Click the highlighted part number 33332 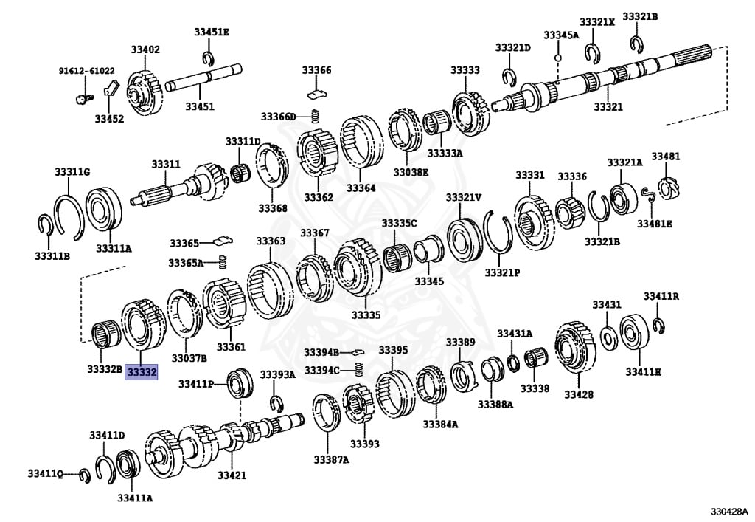tap(142, 373)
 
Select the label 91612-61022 tap(86, 71)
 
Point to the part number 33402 tap(145, 49)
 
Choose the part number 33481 tap(666, 157)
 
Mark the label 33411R tap(661, 296)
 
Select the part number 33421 tap(232, 475)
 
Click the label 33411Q tap(46, 473)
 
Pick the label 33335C tap(399, 223)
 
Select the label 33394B tap(321, 352)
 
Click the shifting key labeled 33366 tap(317, 93)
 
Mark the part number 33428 tap(579, 394)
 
